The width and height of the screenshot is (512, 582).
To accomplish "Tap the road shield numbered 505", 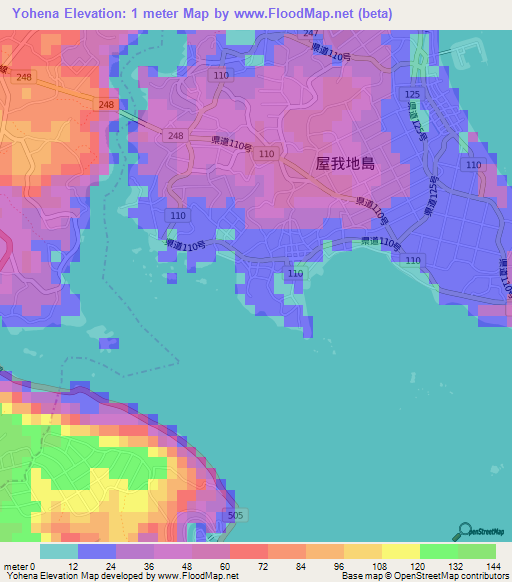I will click(x=235, y=515).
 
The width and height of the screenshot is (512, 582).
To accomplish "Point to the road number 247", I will click(x=310, y=33).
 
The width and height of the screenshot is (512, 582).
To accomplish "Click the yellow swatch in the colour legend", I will click(x=401, y=550).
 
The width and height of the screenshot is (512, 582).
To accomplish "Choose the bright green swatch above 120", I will click(x=439, y=550).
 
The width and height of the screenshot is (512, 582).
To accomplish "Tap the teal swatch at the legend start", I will click(x=59, y=550).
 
